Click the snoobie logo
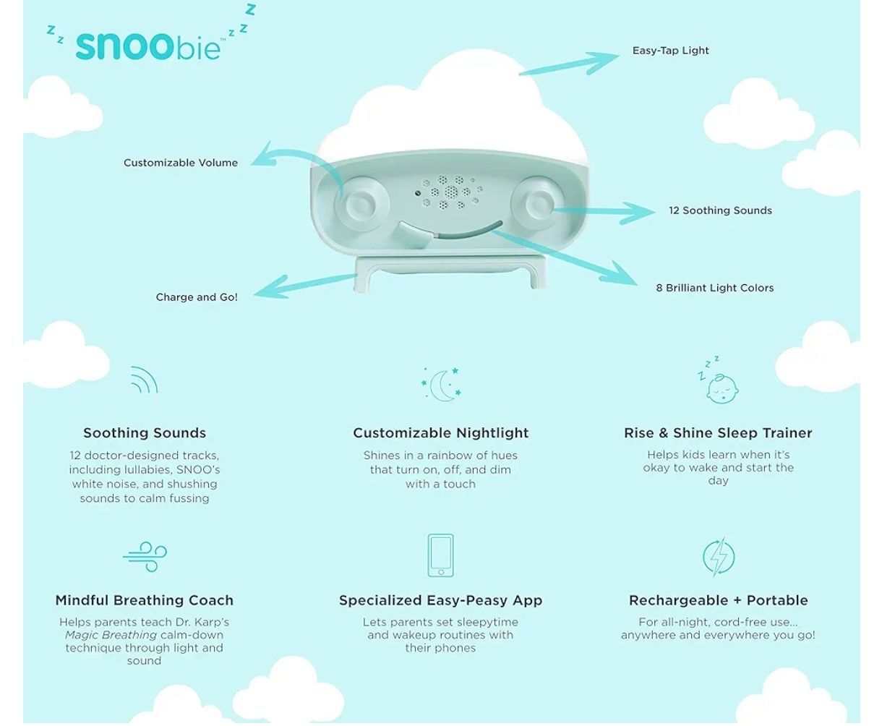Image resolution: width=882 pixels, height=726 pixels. click(x=148, y=44)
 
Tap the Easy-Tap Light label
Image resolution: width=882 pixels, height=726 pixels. click(x=670, y=51)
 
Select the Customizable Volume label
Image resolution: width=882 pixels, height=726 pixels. click(x=180, y=163)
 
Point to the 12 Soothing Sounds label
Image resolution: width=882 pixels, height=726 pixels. click(x=719, y=210)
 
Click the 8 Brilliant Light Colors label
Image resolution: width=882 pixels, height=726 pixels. click(x=714, y=288)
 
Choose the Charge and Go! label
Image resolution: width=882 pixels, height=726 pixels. click(x=197, y=297)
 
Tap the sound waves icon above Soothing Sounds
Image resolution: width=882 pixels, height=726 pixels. click(x=144, y=380)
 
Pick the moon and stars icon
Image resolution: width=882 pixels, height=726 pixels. click(x=441, y=384)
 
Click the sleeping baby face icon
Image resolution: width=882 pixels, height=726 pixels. click(x=719, y=383)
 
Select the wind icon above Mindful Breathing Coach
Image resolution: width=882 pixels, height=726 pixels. click(x=145, y=557)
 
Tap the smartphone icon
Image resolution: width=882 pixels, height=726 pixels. click(x=440, y=555)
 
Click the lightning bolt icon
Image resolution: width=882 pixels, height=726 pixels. click(x=719, y=557)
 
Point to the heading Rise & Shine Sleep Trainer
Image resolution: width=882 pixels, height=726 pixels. click(x=718, y=433)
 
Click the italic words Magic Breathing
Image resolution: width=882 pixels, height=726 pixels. click(x=111, y=635)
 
